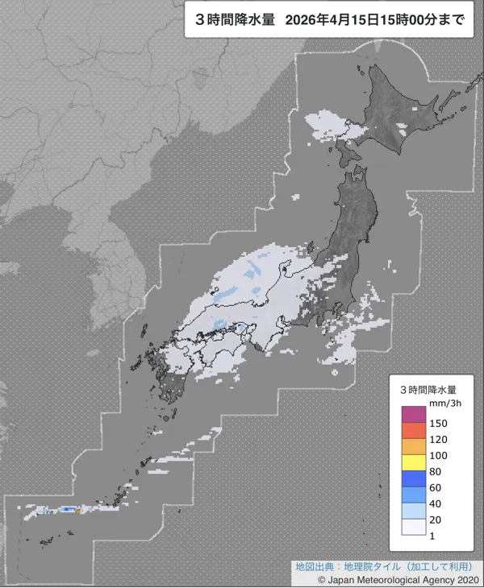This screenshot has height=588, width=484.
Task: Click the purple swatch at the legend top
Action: point(415,414)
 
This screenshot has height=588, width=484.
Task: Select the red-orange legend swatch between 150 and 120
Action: point(415,430)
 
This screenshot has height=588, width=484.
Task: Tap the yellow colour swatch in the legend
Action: point(415,462)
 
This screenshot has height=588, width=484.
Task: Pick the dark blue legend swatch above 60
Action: point(415,478)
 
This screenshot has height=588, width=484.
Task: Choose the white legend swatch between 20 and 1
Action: point(415,527)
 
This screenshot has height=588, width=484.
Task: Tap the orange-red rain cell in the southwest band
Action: point(77,509)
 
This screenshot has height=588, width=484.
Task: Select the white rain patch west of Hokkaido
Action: point(327,125)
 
